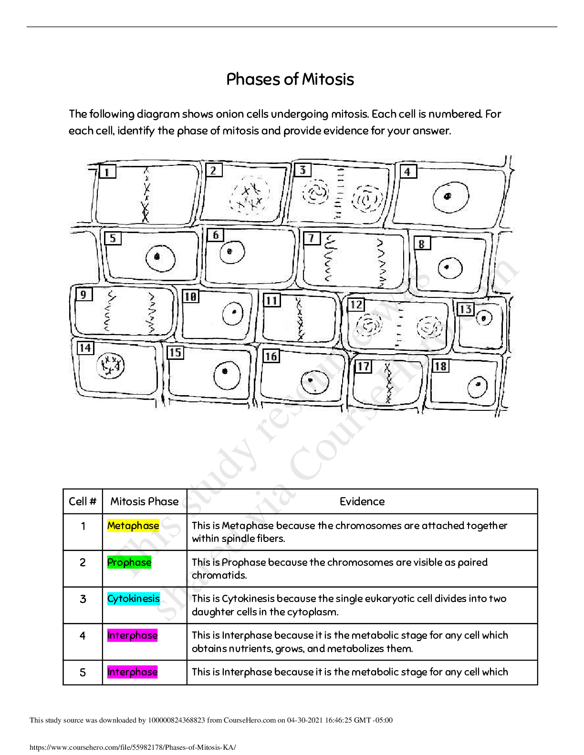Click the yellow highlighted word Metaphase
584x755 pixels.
pyautogui.click(x=133, y=525)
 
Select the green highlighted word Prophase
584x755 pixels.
pyautogui.click(x=129, y=562)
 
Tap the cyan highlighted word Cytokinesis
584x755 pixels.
pyautogui.click(x=134, y=599)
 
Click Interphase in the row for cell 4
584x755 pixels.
pyautogui.click(x=132, y=635)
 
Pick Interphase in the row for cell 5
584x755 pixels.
pyautogui.click(x=132, y=672)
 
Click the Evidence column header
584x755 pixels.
pyautogui.click(x=362, y=501)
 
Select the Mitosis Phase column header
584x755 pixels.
pyautogui.click(x=144, y=501)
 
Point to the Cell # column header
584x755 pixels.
pyautogui.click(x=83, y=501)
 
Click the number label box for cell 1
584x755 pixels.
pyautogui.click(x=107, y=172)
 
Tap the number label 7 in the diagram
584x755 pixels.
pyautogui.click(x=312, y=238)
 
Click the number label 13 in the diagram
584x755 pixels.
pyautogui.click(x=465, y=309)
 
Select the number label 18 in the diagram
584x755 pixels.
pyautogui.click(x=440, y=366)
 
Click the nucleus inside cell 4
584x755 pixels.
pyautogui.click(x=450, y=196)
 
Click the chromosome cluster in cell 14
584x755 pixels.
pyautogui.click(x=110, y=366)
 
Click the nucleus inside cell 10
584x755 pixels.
pyautogui.click(x=233, y=313)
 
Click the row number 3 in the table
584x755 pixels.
pyautogui.click(x=83, y=599)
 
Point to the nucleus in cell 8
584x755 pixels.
pyautogui.click(x=450, y=267)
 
